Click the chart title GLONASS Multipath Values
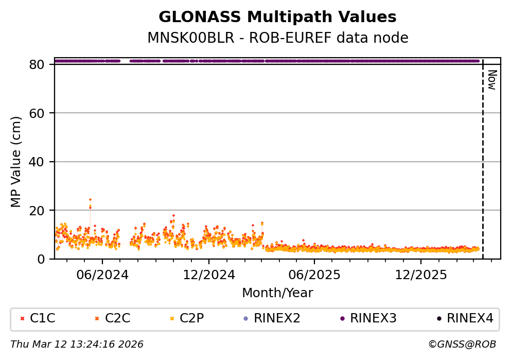coord(277,18)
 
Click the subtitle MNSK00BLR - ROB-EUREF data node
coord(277,38)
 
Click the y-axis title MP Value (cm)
coord(16,162)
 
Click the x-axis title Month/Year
coord(277,293)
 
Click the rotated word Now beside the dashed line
coord(492,80)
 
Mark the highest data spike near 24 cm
coord(90,199)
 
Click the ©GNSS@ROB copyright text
coord(462,344)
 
